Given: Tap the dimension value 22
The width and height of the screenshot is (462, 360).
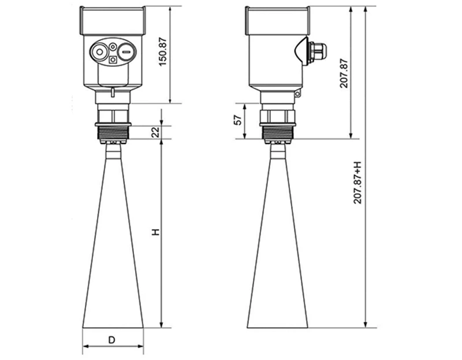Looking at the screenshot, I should point(155,132).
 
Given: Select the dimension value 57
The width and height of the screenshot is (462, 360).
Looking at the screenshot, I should point(236,121).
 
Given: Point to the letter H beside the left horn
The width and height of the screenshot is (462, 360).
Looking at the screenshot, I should point(155,232).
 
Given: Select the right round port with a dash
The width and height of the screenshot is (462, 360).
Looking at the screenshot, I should point(126,52).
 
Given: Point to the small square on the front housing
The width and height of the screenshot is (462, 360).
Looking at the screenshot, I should point(113,58).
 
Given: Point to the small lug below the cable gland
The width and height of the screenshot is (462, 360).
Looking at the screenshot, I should point(298,93).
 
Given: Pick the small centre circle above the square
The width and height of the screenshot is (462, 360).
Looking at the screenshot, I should point(113,47).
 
